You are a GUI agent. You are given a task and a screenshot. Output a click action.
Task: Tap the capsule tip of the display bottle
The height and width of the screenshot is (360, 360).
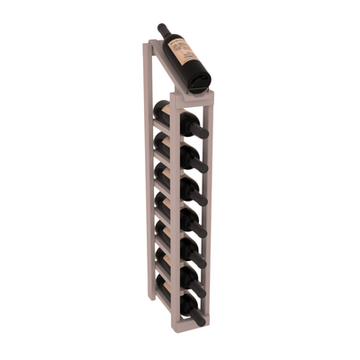[x=161, y=28]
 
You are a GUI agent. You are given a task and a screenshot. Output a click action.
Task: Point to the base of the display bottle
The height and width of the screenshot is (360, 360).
[x=202, y=82]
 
